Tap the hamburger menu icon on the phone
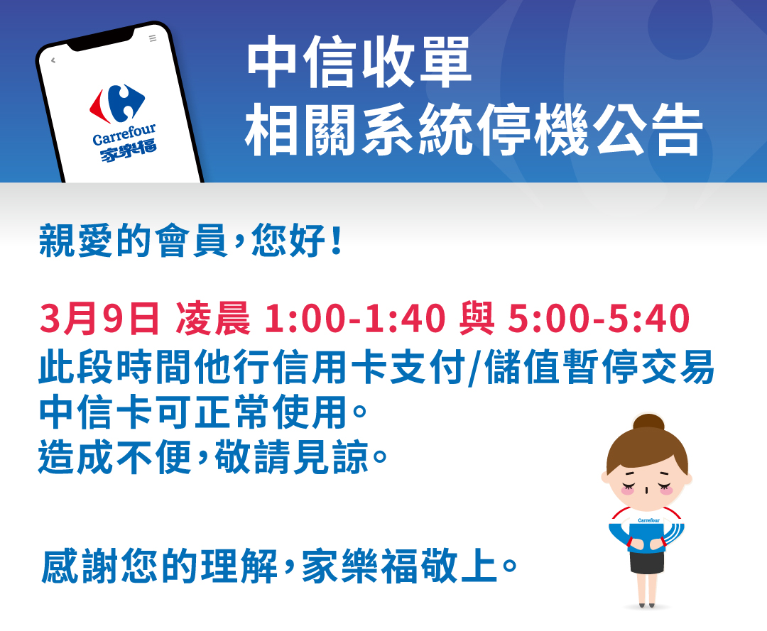coord(152,38)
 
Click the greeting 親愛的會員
coord(134,241)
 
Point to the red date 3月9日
coord(99,319)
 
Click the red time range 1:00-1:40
coord(354,319)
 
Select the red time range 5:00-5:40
coord(598,319)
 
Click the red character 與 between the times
coord(477,319)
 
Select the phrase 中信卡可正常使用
coord(193,414)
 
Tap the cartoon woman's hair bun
coord(648,422)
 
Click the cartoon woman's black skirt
coord(646,561)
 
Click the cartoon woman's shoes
coord(646,604)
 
